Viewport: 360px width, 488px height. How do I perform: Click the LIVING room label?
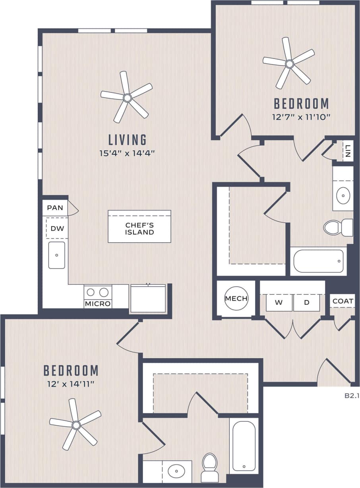128,140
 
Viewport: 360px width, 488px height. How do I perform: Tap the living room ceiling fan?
127,97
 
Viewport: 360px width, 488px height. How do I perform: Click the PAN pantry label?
55,208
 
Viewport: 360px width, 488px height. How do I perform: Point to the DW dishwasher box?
57,228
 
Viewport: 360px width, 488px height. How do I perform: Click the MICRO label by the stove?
98,304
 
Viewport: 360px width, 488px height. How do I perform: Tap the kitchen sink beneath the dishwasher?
57,255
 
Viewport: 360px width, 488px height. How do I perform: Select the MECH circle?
236,299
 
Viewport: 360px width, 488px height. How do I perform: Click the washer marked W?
279,303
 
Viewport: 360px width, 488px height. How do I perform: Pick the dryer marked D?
306,303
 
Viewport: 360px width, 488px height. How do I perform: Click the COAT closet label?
343,301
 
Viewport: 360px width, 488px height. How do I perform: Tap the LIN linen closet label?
348,151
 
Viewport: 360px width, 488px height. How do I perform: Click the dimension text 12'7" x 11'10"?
302,117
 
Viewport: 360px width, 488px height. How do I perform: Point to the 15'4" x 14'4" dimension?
127,153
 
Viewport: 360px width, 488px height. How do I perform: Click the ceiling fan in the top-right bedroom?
289,64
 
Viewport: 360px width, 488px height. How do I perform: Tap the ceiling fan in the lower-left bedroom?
76,425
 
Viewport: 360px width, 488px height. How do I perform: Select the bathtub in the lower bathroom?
243,445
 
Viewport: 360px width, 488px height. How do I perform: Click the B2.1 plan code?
351,396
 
